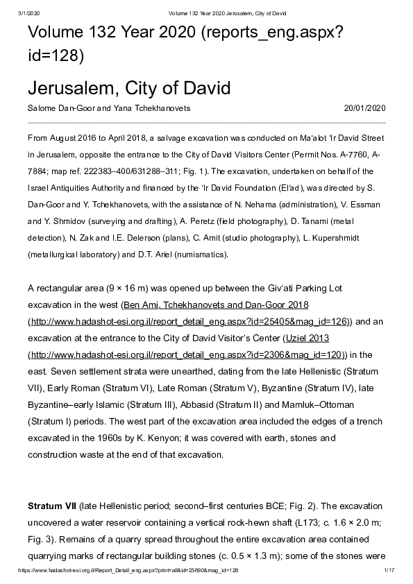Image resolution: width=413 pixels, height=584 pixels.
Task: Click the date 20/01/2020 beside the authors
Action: click(x=364, y=108)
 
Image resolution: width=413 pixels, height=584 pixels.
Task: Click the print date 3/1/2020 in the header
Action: click(x=28, y=13)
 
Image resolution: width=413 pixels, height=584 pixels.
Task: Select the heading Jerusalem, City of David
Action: click(x=128, y=89)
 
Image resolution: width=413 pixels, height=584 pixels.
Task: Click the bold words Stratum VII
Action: click(x=52, y=506)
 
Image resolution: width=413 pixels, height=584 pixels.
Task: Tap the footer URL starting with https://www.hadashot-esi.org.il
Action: click(x=132, y=569)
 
